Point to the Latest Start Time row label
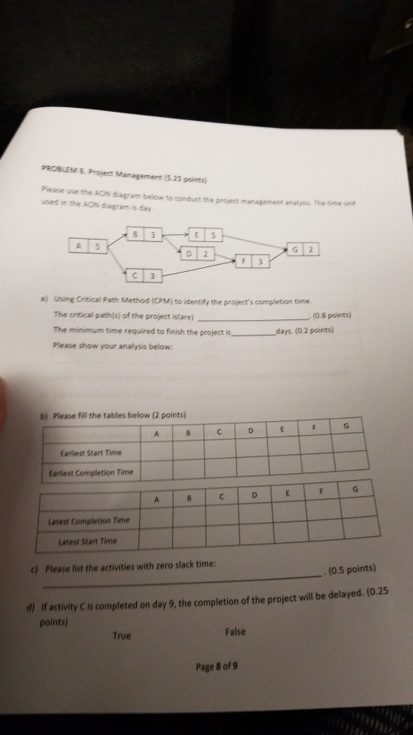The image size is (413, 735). [x=94, y=541]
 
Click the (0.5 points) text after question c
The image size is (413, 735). [x=350, y=569]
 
